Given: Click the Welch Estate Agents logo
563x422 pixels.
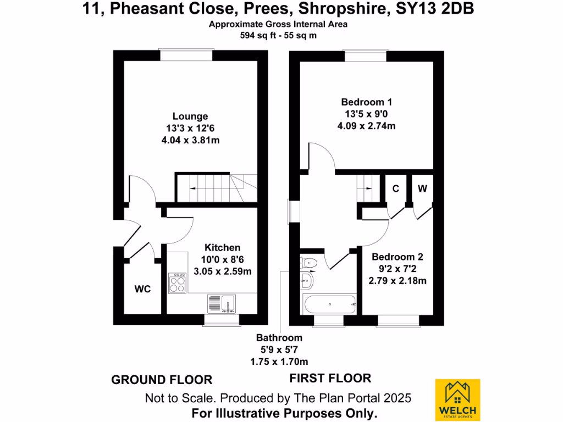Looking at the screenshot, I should (x=457, y=400).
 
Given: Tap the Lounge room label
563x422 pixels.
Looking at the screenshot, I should (x=190, y=116).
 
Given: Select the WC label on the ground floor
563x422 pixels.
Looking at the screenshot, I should (x=143, y=289).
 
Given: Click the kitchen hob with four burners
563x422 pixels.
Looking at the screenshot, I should (x=177, y=282).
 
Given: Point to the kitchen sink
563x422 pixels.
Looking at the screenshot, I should (x=222, y=303).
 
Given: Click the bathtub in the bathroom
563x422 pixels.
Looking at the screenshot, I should (x=329, y=303).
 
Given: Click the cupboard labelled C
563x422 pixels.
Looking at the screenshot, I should (x=395, y=189).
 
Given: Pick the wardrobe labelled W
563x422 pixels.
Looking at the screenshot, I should (x=422, y=189).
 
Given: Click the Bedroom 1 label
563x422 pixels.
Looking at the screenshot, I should (x=367, y=102).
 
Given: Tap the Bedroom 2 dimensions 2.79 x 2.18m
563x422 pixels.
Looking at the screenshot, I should (x=398, y=281).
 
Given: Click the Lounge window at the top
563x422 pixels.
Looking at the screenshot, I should (x=186, y=54).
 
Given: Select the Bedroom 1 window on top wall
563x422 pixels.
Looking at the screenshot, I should (x=365, y=55).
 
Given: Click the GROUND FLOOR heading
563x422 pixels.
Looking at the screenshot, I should (x=162, y=380).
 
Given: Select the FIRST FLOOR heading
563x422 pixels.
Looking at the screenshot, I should (x=330, y=378).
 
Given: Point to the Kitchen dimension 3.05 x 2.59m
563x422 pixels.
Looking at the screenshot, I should (x=223, y=271).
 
